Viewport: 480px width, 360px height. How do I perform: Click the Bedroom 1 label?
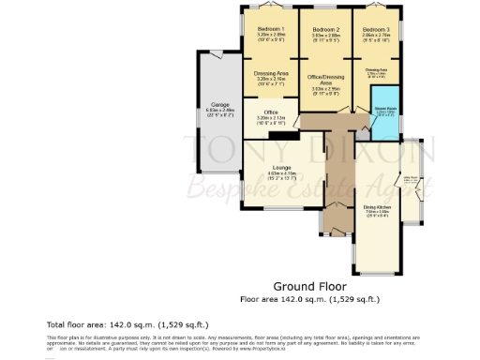(271, 30)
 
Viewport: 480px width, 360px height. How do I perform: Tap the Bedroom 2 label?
(324, 30)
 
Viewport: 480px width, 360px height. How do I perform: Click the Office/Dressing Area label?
(325, 80)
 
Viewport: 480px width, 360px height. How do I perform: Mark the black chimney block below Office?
(277, 135)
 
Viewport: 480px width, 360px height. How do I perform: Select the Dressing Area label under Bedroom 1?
(271, 73)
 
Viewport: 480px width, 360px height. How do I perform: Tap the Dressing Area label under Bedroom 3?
(377, 70)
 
